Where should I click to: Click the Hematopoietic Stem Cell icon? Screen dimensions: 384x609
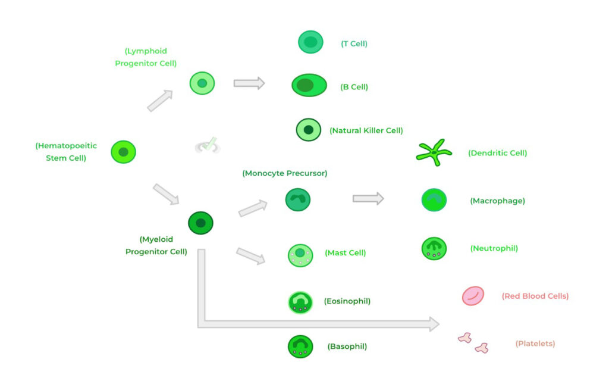coord(123,152)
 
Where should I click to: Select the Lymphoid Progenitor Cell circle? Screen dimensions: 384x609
coord(202,83)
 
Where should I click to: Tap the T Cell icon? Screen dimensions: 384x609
coord(310,42)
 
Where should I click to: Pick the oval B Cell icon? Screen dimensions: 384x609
coord(309,85)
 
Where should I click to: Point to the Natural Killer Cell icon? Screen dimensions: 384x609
coord(309,130)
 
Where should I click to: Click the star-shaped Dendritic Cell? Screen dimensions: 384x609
coord(434,152)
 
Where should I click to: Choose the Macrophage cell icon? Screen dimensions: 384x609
coord(434,200)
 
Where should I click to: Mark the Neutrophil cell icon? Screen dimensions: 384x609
coord(434,248)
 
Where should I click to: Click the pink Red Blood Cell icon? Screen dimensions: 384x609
coord(473,296)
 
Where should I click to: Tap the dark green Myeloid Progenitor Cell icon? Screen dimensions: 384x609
coord(200,223)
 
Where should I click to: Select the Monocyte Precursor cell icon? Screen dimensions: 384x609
coord(298,199)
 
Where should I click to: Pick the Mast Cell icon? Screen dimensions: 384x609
coord(300,255)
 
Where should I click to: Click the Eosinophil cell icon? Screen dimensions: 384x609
coord(300,302)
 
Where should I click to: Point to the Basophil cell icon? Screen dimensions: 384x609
coord(300,346)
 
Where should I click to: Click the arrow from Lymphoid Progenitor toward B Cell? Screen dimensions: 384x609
coord(249,83)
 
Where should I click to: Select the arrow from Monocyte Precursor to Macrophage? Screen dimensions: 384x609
coord(368,198)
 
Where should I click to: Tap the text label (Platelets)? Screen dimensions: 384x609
coord(535,344)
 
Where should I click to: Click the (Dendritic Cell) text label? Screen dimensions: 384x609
coord(498,153)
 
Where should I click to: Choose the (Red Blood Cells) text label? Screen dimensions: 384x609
coord(535,296)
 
